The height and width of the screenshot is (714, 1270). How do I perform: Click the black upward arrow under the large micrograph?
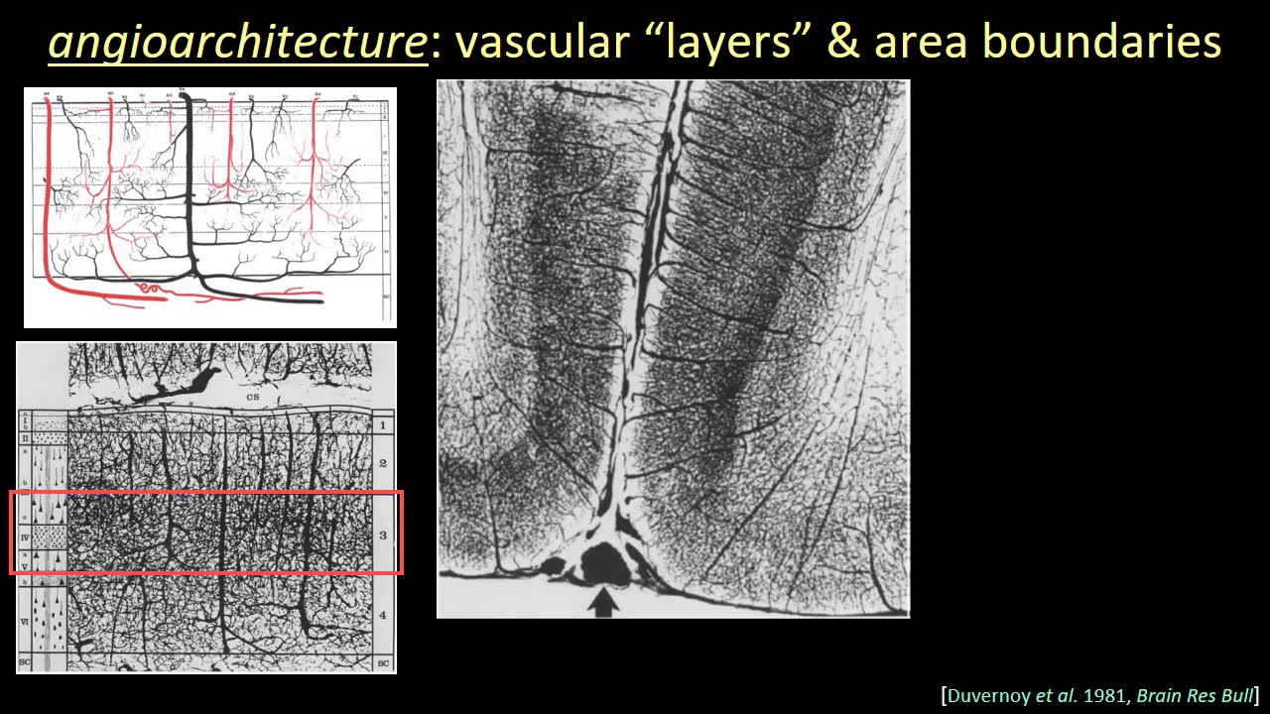(x=603, y=603)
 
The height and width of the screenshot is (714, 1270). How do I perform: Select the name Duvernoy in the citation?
(x=988, y=695)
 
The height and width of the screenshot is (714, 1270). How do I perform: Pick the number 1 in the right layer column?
(x=382, y=424)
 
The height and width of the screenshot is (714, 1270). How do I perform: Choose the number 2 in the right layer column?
(x=382, y=463)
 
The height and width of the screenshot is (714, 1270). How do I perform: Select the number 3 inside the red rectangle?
(x=382, y=535)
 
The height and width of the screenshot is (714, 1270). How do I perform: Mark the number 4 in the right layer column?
(x=382, y=616)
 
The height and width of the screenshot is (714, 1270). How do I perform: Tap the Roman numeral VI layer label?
(x=26, y=622)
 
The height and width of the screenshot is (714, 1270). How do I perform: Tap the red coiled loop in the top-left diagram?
(x=152, y=289)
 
